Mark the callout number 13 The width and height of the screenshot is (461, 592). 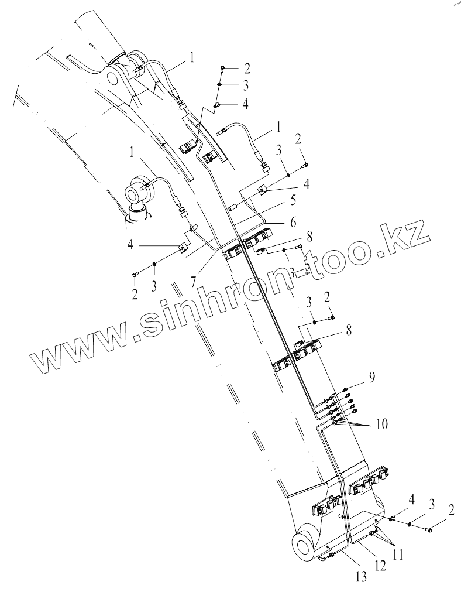coord(362,577)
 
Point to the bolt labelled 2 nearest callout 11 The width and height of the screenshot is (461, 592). coord(430,530)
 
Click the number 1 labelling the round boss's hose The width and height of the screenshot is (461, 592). coord(135,153)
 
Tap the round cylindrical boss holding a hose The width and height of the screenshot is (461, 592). coord(136,191)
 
